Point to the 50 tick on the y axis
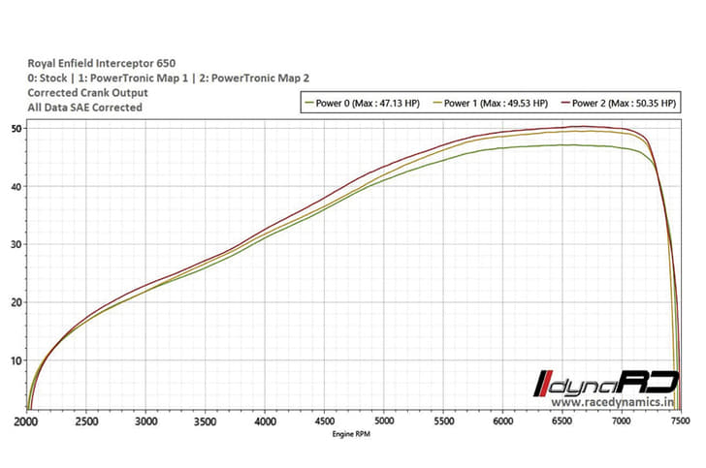[x=16, y=129]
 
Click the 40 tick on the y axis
[x=16, y=186]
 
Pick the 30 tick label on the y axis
[x=16, y=244]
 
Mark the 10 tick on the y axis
[x=16, y=360]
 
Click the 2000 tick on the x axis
[x=27, y=422]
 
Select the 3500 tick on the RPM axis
[x=207, y=422]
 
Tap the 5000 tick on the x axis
[x=384, y=422]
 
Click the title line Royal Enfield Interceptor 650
[x=102, y=63]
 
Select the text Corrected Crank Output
[x=88, y=93]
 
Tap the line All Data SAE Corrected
[x=85, y=108]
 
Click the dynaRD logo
[x=605, y=382]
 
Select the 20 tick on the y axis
[x=16, y=302]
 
